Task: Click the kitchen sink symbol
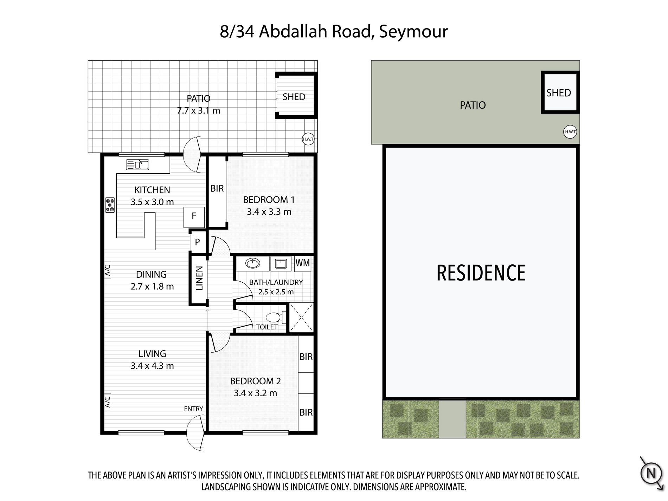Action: point(137,165)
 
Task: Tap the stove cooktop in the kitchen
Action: point(110,205)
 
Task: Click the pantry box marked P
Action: point(197,242)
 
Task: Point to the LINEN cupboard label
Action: point(199,278)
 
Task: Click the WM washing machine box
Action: point(303,264)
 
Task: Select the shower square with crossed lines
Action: point(301,317)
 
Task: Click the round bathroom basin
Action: point(252,263)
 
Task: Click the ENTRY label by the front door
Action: point(193,409)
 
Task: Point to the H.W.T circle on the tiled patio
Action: point(308,139)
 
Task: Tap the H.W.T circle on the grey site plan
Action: point(570,132)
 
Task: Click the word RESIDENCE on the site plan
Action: point(481,273)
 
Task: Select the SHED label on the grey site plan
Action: point(558,93)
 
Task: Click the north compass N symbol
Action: point(651,473)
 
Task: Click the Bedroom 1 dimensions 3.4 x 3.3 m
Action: point(269,212)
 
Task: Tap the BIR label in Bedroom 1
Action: point(217,188)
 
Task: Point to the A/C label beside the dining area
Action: point(108,270)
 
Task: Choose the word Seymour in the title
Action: point(413,32)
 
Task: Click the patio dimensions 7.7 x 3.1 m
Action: point(199,110)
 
